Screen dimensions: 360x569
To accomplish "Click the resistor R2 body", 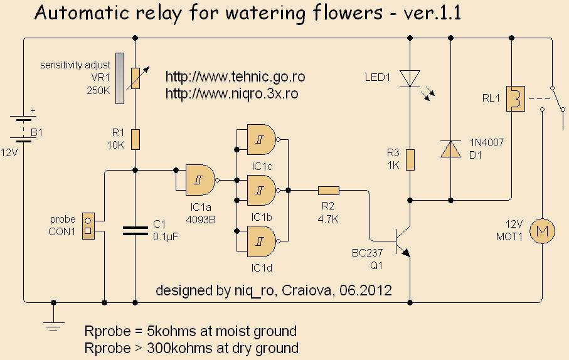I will [328, 191].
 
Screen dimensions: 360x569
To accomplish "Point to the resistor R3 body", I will [410, 160].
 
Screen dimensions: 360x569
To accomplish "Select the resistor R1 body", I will [135, 139].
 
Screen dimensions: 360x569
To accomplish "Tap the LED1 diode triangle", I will [410, 78].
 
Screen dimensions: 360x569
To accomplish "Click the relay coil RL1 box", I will [514, 98].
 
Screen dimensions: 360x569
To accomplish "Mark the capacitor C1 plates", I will [135, 230].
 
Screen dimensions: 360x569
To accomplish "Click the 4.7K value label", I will [328, 220].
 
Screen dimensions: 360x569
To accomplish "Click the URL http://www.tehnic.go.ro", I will [235, 77].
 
